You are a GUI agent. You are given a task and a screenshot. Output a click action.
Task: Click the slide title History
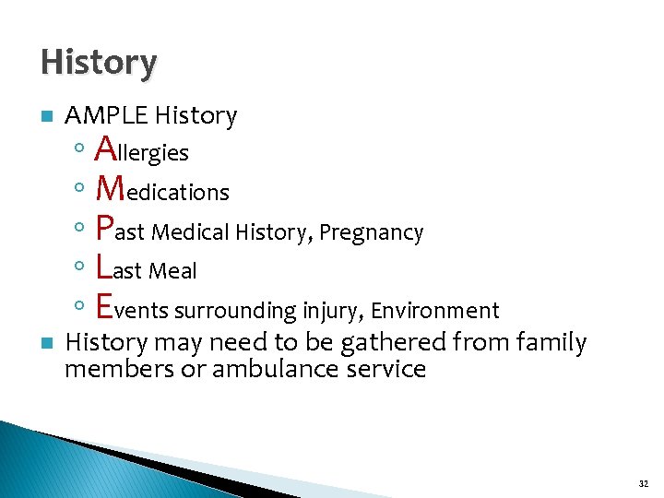(99, 63)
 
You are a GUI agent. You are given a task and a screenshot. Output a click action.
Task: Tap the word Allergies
(142, 149)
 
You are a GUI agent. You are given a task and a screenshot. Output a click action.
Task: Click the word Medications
(162, 190)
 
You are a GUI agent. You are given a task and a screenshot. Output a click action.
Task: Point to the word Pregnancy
(371, 232)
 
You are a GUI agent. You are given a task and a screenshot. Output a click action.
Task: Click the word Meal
(173, 270)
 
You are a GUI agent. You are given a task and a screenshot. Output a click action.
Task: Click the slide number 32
(642, 481)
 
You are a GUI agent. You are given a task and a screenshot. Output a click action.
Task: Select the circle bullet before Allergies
(80, 148)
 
